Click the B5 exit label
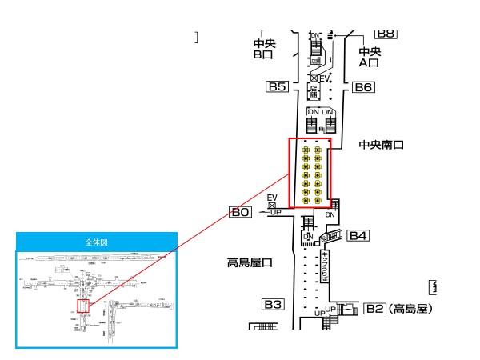point(277,87)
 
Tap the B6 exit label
point(364,87)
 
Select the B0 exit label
point(241,212)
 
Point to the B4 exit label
point(358,235)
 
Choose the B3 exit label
point(274,304)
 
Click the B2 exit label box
point(375,308)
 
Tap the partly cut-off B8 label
point(386,34)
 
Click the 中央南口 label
point(382,146)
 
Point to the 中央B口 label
point(263,50)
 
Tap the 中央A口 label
point(370,57)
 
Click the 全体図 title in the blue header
point(96,241)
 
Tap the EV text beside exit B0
point(272,197)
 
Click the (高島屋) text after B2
point(410,308)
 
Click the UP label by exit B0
point(275,212)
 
